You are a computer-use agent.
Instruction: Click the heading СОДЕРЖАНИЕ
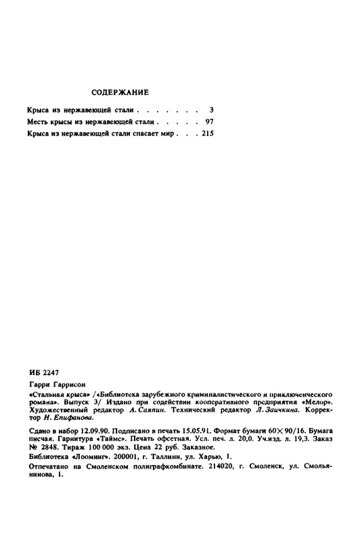pyautogui.click(x=119, y=91)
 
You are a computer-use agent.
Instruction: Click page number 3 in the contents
pyautogui.click(x=212, y=108)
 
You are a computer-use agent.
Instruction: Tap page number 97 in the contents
pyautogui.click(x=209, y=122)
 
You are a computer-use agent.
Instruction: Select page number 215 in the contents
pyautogui.click(x=207, y=135)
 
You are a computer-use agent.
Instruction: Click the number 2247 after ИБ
pyautogui.click(x=52, y=372)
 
